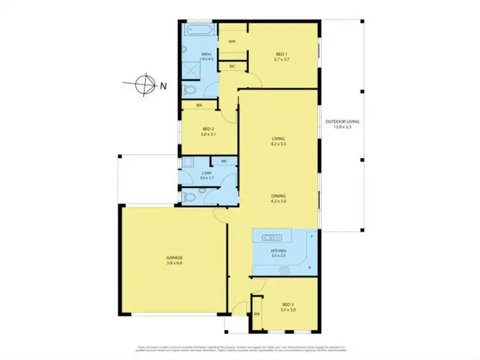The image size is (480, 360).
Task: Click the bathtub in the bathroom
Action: [200, 29]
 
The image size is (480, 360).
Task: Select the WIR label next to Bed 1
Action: [232, 42]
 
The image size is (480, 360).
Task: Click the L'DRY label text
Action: [206, 175]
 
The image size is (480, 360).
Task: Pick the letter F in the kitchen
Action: [311, 237]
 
